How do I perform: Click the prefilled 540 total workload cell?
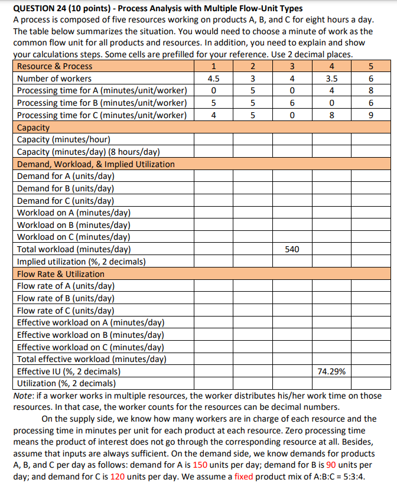point(291,249)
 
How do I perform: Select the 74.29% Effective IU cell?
point(331,371)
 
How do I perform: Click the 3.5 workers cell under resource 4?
point(331,79)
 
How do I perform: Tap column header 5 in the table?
point(370,66)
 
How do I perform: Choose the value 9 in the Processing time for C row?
point(370,115)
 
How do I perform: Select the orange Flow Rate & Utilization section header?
point(61,274)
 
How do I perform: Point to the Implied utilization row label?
point(82,262)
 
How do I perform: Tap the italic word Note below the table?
point(24,396)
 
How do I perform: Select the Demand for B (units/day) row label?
point(66,188)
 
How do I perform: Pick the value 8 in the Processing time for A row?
point(370,90)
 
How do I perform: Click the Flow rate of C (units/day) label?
point(66,311)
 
